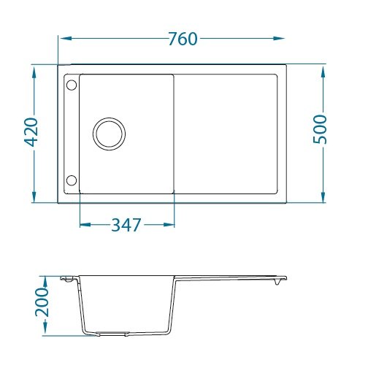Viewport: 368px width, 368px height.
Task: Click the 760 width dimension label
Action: point(183,39)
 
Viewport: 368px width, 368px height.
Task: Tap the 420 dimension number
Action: point(32,132)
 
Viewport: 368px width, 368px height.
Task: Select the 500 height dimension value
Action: point(320,129)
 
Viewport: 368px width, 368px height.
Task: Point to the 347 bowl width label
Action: point(126,225)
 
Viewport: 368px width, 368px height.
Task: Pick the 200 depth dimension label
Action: point(42,302)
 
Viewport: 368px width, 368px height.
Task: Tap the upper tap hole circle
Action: point(72,85)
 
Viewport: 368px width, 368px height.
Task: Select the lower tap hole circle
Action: point(72,180)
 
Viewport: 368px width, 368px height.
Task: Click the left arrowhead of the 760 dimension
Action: point(66,39)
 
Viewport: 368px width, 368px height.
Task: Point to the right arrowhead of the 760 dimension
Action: point(279,38)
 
